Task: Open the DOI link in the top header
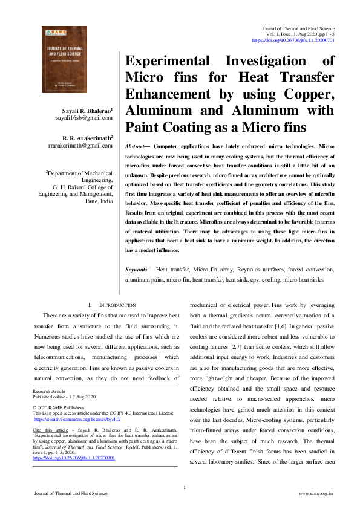click(293, 40)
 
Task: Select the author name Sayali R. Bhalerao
click(86, 112)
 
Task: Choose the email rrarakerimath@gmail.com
click(80, 146)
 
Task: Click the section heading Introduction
click(113, 306)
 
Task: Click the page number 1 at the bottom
click(183, 487)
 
